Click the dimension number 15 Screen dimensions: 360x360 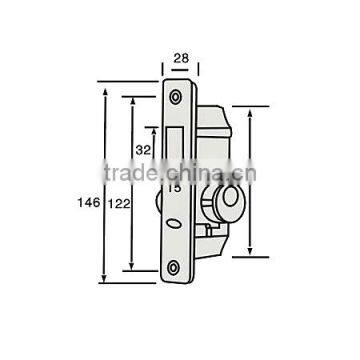[x=173, y=187]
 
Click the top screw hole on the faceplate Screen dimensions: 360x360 [x=176, y=96]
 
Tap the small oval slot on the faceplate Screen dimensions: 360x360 [x=176, y=224]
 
